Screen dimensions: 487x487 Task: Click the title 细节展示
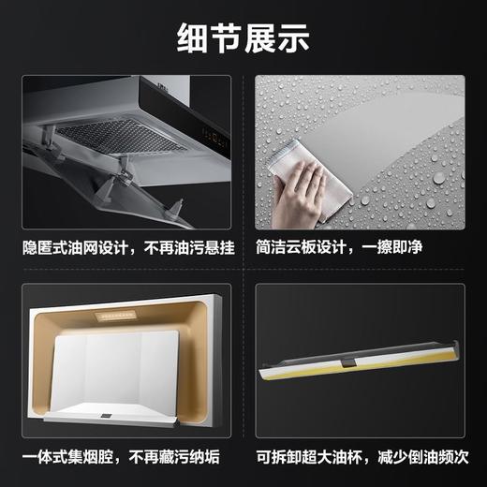(243, 39)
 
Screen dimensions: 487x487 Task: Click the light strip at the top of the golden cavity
(114, 317)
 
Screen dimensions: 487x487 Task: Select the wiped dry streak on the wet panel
(375, 140)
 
